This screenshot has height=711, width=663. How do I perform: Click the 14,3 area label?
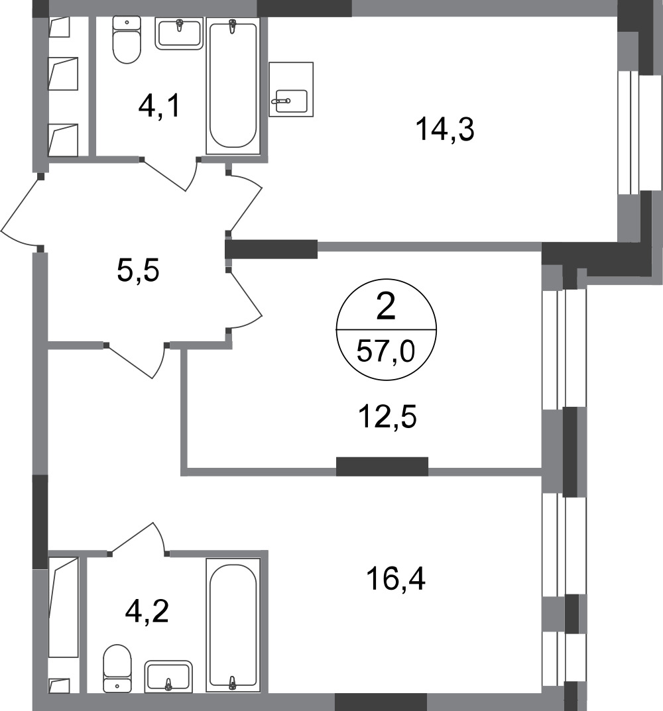(x=445, y=130)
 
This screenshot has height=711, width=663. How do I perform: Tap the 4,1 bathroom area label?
(x=159, y=106)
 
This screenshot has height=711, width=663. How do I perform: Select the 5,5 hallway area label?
(x=138, y=271)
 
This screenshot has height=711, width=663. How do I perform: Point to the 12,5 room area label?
(x=387, y=417)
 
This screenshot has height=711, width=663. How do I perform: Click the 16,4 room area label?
(x=396, y=578)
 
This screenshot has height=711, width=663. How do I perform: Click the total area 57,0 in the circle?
(x=386, y=351)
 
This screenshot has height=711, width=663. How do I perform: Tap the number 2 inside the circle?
(x=386, y=307)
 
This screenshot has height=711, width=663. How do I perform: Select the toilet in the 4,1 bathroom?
(x=127, y=40)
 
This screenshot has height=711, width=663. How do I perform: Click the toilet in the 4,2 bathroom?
(x=117, y=669)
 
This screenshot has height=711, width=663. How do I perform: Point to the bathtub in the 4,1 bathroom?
(x=233, y=85)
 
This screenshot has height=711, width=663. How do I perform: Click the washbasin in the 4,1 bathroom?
(x=179, y=34)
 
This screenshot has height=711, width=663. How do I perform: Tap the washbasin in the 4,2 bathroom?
(x=168, y=677)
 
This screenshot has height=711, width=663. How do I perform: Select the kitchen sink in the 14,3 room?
(x=291, y=89)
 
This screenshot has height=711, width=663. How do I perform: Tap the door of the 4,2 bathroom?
(x=139, y=538)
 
